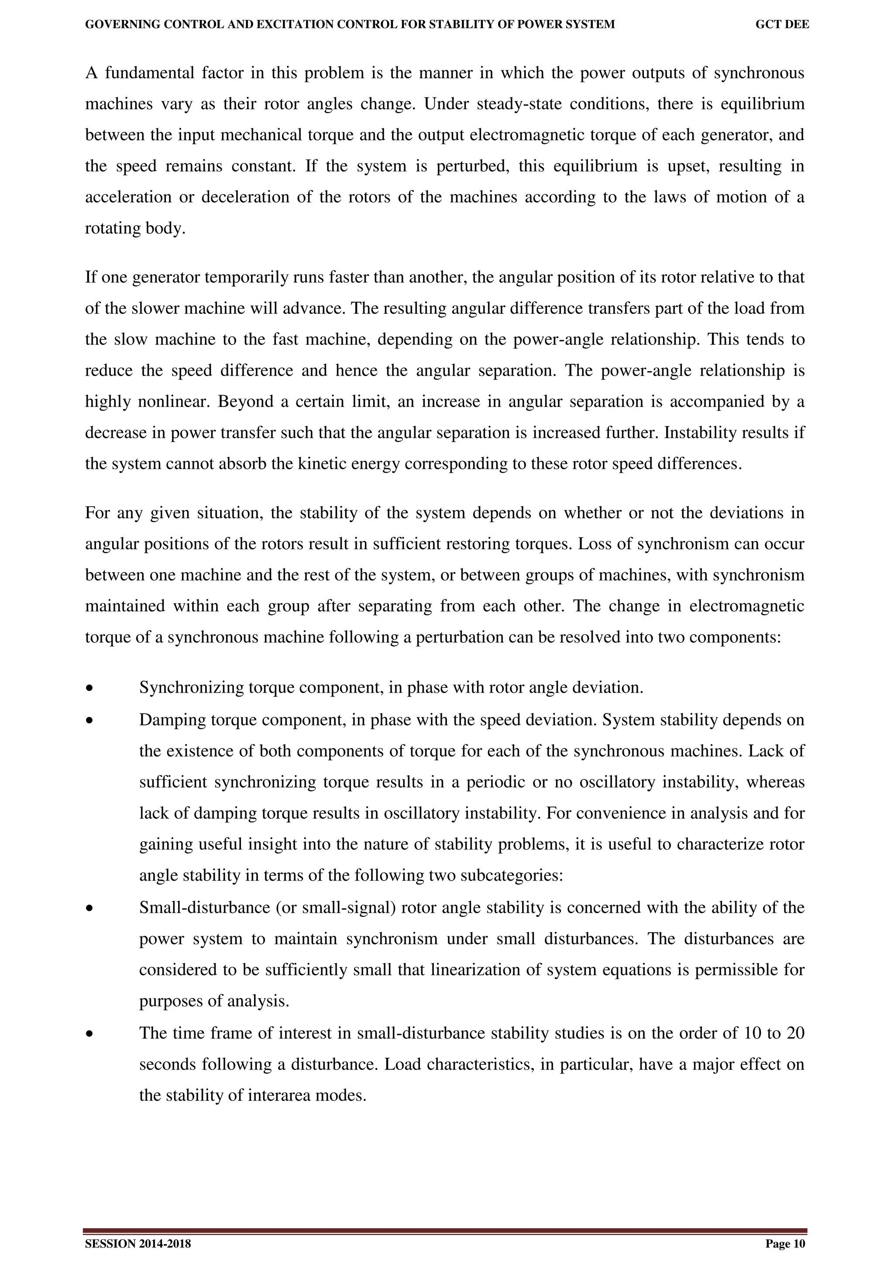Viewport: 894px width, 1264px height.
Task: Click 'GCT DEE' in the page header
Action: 782,24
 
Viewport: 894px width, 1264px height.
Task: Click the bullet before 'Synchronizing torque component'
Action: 89,689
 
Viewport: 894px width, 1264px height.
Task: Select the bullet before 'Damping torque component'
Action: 89,721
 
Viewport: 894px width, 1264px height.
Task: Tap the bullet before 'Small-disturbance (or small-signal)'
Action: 89,908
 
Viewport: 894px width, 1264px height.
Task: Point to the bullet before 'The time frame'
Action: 89,1033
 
